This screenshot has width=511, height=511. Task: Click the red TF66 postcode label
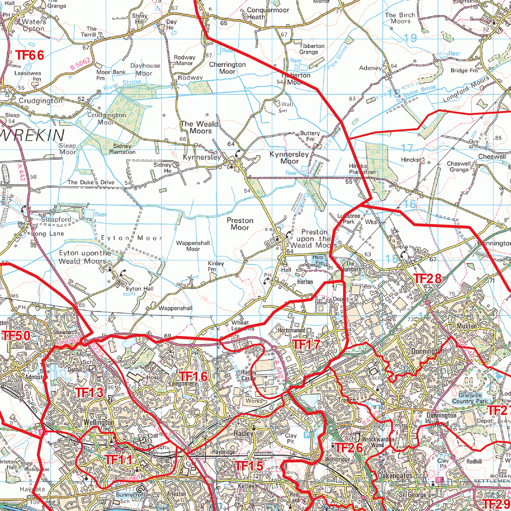click(x=29, y=55)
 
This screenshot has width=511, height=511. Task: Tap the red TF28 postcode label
click(x=428, y=278)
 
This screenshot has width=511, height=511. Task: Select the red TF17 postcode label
click(x=306, y=344)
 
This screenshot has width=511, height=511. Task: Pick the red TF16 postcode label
click(x=193, y=376)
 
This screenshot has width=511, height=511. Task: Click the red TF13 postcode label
click(x=89, y=392)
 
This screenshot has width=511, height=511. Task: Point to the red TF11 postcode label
click(x=118, y=460)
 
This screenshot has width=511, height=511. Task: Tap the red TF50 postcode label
click(x=16, y=336)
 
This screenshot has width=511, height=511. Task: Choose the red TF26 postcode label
click(x=348, y=448)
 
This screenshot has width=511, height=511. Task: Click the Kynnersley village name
click(x=202, y=157)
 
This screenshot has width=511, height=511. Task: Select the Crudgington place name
click(x=41, y=100)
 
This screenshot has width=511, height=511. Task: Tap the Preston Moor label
click(x=240, y=224)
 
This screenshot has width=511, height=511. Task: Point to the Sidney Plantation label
click(x=122, y=149)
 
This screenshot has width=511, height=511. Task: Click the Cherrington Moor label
click(x=228, y=68)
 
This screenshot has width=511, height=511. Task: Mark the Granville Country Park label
click(x=469, y=398)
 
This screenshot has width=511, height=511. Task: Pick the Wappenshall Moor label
click(x=193, y=246)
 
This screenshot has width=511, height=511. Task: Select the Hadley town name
click(x=244, y=434)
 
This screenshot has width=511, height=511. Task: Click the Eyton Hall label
click(x=140, y=288)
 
